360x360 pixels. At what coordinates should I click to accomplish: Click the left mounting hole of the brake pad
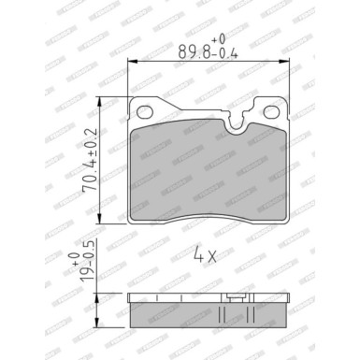click(x=142, y=111)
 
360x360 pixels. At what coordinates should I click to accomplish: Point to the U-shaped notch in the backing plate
click(x=240, y=116)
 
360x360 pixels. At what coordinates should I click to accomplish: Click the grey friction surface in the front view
click(x=206, y=173)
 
